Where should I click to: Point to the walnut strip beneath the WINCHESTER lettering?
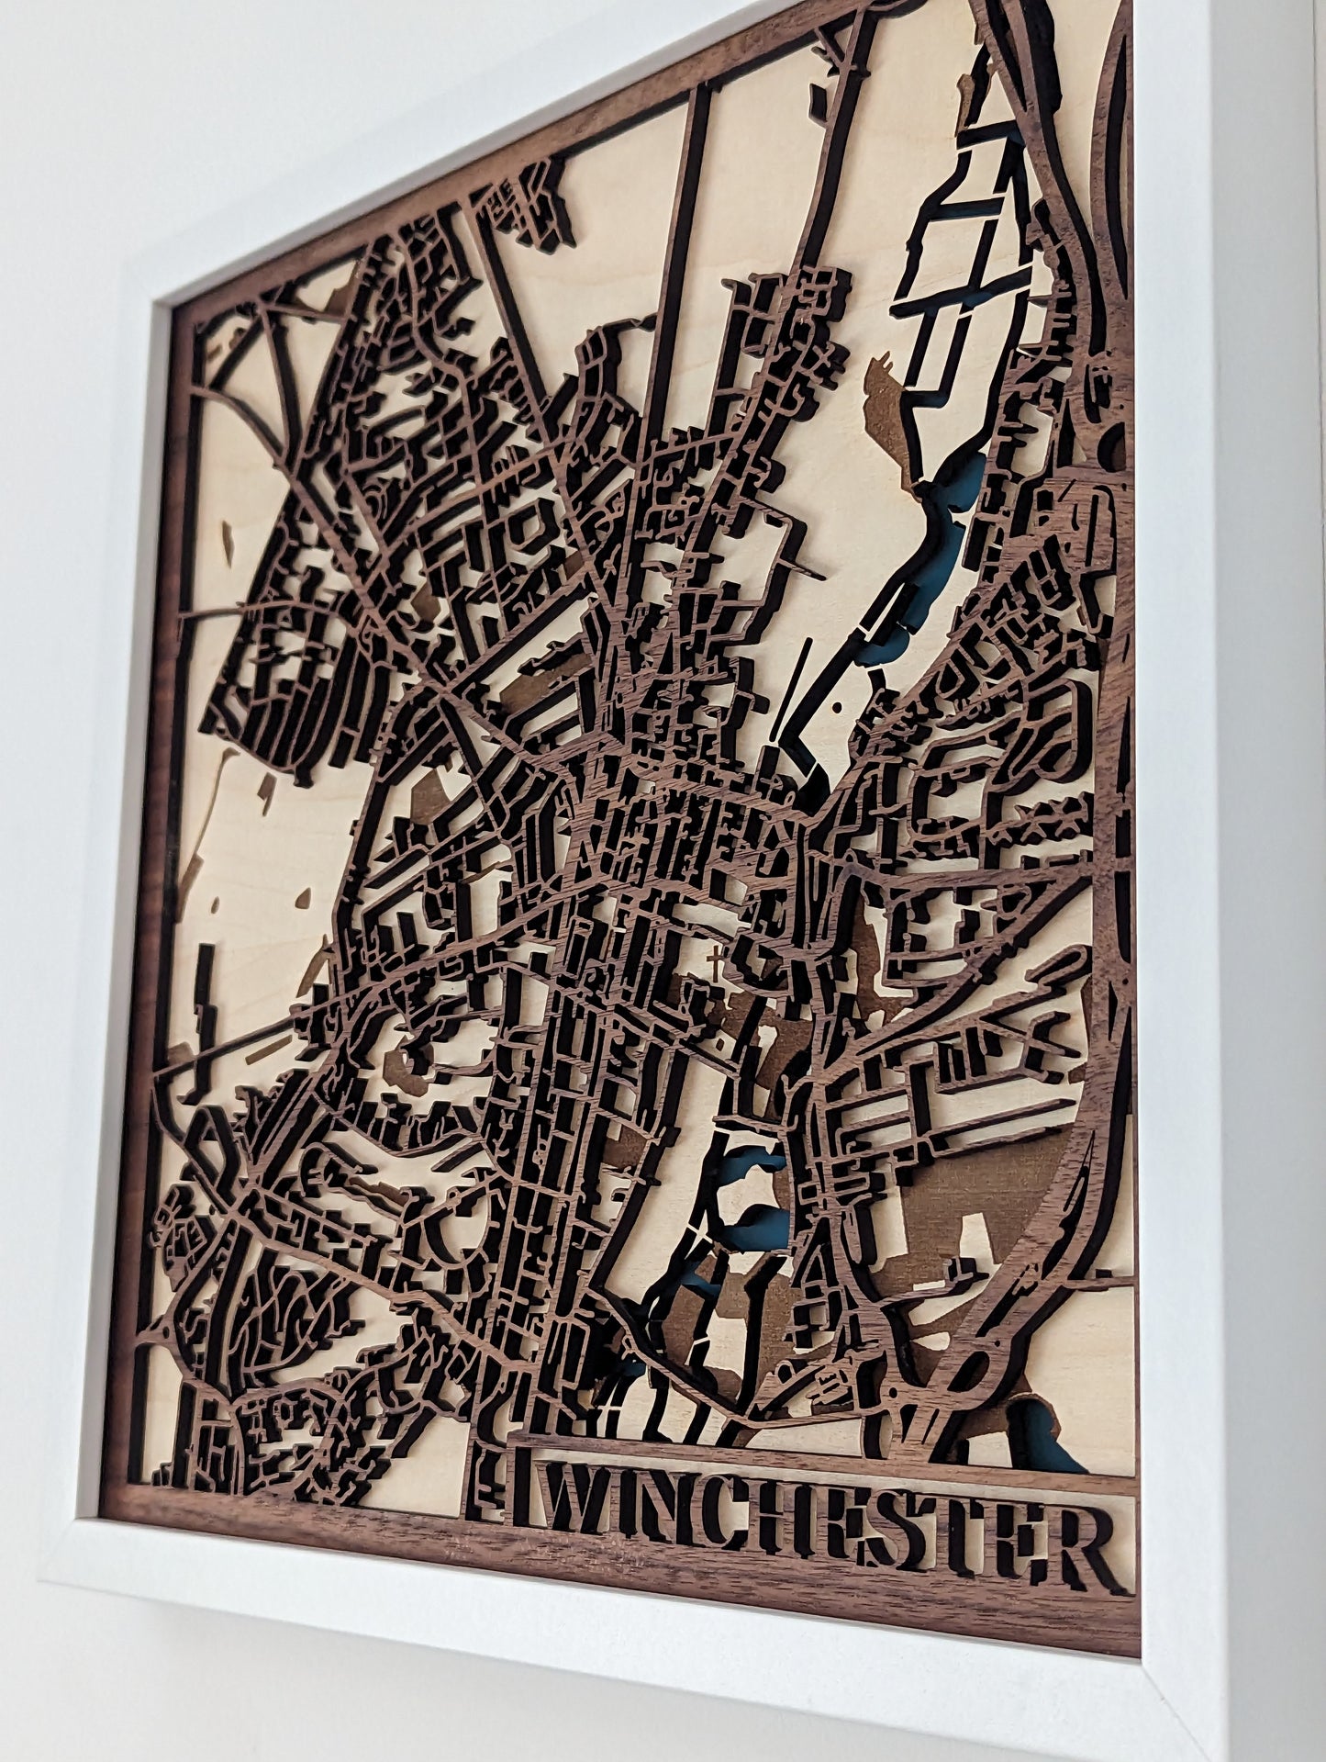826,1575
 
